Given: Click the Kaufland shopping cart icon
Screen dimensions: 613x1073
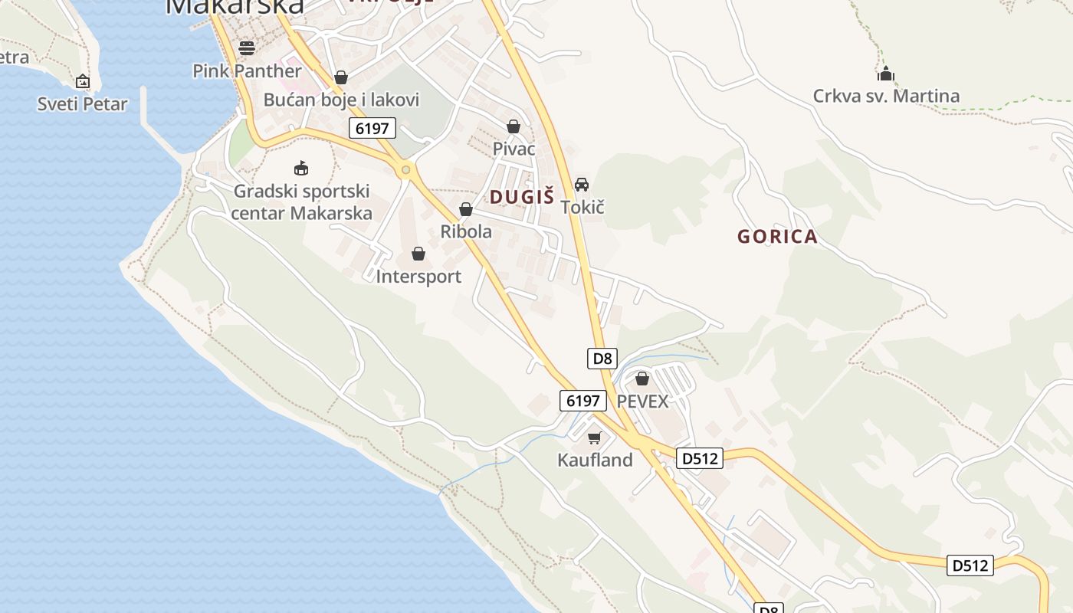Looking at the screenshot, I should point(594,438).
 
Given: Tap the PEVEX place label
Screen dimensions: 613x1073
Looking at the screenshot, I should point(642,401).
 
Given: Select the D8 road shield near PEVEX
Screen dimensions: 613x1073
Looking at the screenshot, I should point(602,358).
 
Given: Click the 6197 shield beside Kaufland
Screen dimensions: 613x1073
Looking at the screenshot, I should point(582,400).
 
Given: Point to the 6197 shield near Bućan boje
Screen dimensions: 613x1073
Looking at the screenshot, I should point(372,128).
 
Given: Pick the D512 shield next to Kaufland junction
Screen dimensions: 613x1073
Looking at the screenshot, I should point(700,458).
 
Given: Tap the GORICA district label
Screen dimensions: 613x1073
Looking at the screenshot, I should point(777,237).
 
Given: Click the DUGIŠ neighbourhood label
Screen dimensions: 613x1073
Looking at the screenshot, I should point(521,197).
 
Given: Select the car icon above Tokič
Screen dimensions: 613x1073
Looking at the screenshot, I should point(582,185).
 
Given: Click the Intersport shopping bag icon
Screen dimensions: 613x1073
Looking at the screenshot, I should point(418,254).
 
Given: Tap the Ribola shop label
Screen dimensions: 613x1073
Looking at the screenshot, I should point(466,231).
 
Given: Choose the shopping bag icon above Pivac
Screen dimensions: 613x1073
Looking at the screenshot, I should point(514,126).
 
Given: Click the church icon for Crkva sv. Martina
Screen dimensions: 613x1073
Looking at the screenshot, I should point(886,74).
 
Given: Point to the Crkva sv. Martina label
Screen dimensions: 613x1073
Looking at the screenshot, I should point(886,96).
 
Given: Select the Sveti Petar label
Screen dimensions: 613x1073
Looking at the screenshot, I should point(82,103).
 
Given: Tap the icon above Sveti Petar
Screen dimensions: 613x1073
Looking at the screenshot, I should point(82,81).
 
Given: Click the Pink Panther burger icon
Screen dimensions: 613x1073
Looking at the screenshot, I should point(247,48).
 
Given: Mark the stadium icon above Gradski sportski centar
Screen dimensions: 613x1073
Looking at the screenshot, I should point(301,168).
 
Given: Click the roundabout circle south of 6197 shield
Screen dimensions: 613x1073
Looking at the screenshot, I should point(405,169).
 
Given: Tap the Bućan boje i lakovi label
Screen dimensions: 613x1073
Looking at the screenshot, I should point(341,100).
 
